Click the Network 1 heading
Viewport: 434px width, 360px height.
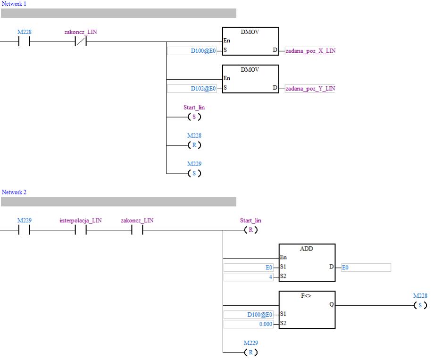[14, 4]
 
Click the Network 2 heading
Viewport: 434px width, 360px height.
[14, 192]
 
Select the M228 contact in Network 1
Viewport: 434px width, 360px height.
[24, 42]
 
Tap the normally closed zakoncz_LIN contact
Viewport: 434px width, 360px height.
[81, 42]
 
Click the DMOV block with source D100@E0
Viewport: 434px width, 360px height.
[250, 41]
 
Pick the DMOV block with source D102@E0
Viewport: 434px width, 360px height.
[250, 79]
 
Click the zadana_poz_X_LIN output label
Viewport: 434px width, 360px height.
[310, 51]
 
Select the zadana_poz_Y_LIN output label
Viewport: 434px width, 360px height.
[310, 89]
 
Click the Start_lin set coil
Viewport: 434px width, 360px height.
[194, 117]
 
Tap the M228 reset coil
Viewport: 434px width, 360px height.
[194, 145]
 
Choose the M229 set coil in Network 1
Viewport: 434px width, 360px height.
[194, 173]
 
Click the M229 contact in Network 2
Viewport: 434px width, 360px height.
[24, 230]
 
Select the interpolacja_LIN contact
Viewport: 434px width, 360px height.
[81, 230]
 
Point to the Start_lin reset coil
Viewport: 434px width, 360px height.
[250, 230]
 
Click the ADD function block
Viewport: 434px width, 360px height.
[307, 262]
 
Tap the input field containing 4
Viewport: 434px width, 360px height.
[249, 277]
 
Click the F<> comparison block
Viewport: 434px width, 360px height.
[307, 310]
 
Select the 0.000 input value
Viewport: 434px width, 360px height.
[249, 324]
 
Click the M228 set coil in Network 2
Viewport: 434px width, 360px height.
[420, 305]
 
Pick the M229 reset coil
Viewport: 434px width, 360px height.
[250, 352]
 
